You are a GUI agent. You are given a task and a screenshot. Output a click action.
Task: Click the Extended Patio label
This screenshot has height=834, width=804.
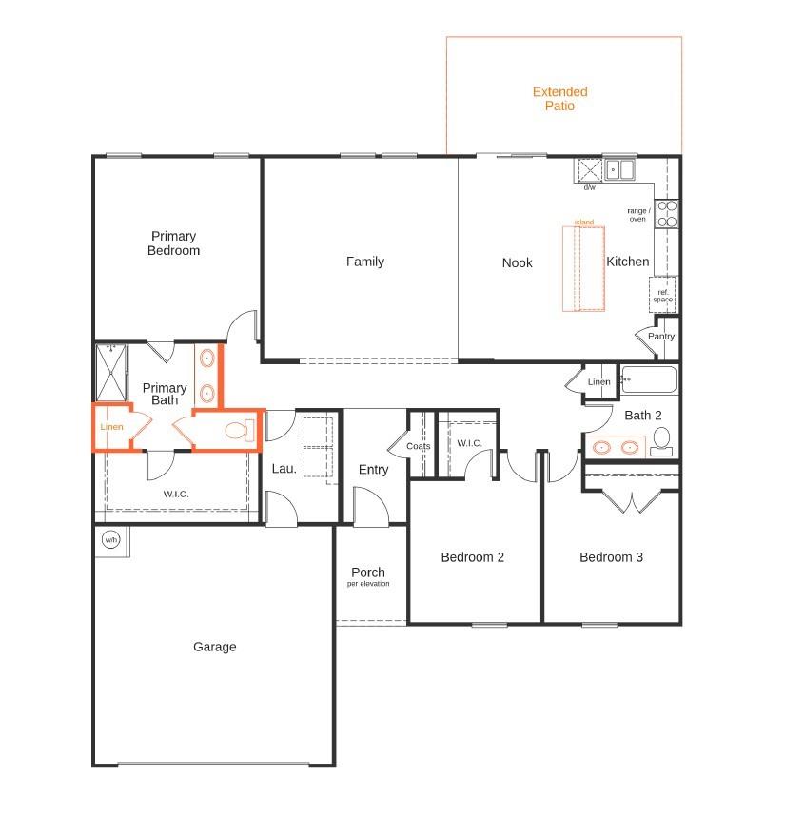(x=559, y=99)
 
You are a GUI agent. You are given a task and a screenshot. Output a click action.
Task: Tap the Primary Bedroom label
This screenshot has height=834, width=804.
(x=173, y=243)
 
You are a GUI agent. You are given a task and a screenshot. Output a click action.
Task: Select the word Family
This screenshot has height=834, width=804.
(x=364, y=262)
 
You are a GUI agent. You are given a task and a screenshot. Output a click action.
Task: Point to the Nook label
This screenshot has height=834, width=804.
(x=517, y=262)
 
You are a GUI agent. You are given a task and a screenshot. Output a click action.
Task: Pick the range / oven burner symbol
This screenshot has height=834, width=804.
(x=667, y=213)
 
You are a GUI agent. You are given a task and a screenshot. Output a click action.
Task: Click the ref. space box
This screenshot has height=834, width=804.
(x=662, y=296)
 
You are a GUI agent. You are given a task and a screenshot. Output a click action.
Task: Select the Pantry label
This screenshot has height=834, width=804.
(x=661, y=337)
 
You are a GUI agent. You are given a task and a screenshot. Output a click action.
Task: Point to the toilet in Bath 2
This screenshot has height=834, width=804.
(x=661, y=439)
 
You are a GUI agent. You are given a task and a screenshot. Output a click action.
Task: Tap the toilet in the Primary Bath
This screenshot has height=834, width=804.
(x=238, y=431)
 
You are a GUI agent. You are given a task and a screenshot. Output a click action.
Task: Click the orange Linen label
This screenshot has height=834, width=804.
(x=111, y=427)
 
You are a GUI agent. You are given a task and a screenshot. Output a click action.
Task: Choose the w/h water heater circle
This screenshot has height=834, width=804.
(x=110, y=540)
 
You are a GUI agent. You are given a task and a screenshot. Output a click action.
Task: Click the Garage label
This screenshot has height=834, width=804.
(x=214, y=647)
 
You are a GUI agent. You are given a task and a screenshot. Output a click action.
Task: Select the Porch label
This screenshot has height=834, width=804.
(x=367, y=572)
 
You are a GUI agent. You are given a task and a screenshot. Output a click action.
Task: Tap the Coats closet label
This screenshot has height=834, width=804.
(x=419, y=445)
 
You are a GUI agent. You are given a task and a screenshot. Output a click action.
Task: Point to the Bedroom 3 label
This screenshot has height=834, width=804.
(x=611, y=557)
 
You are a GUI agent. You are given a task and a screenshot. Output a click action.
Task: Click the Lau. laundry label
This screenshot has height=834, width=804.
(x=284, y=468)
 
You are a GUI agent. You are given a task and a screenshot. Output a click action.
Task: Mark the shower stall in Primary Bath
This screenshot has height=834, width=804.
(x=111, y=373)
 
